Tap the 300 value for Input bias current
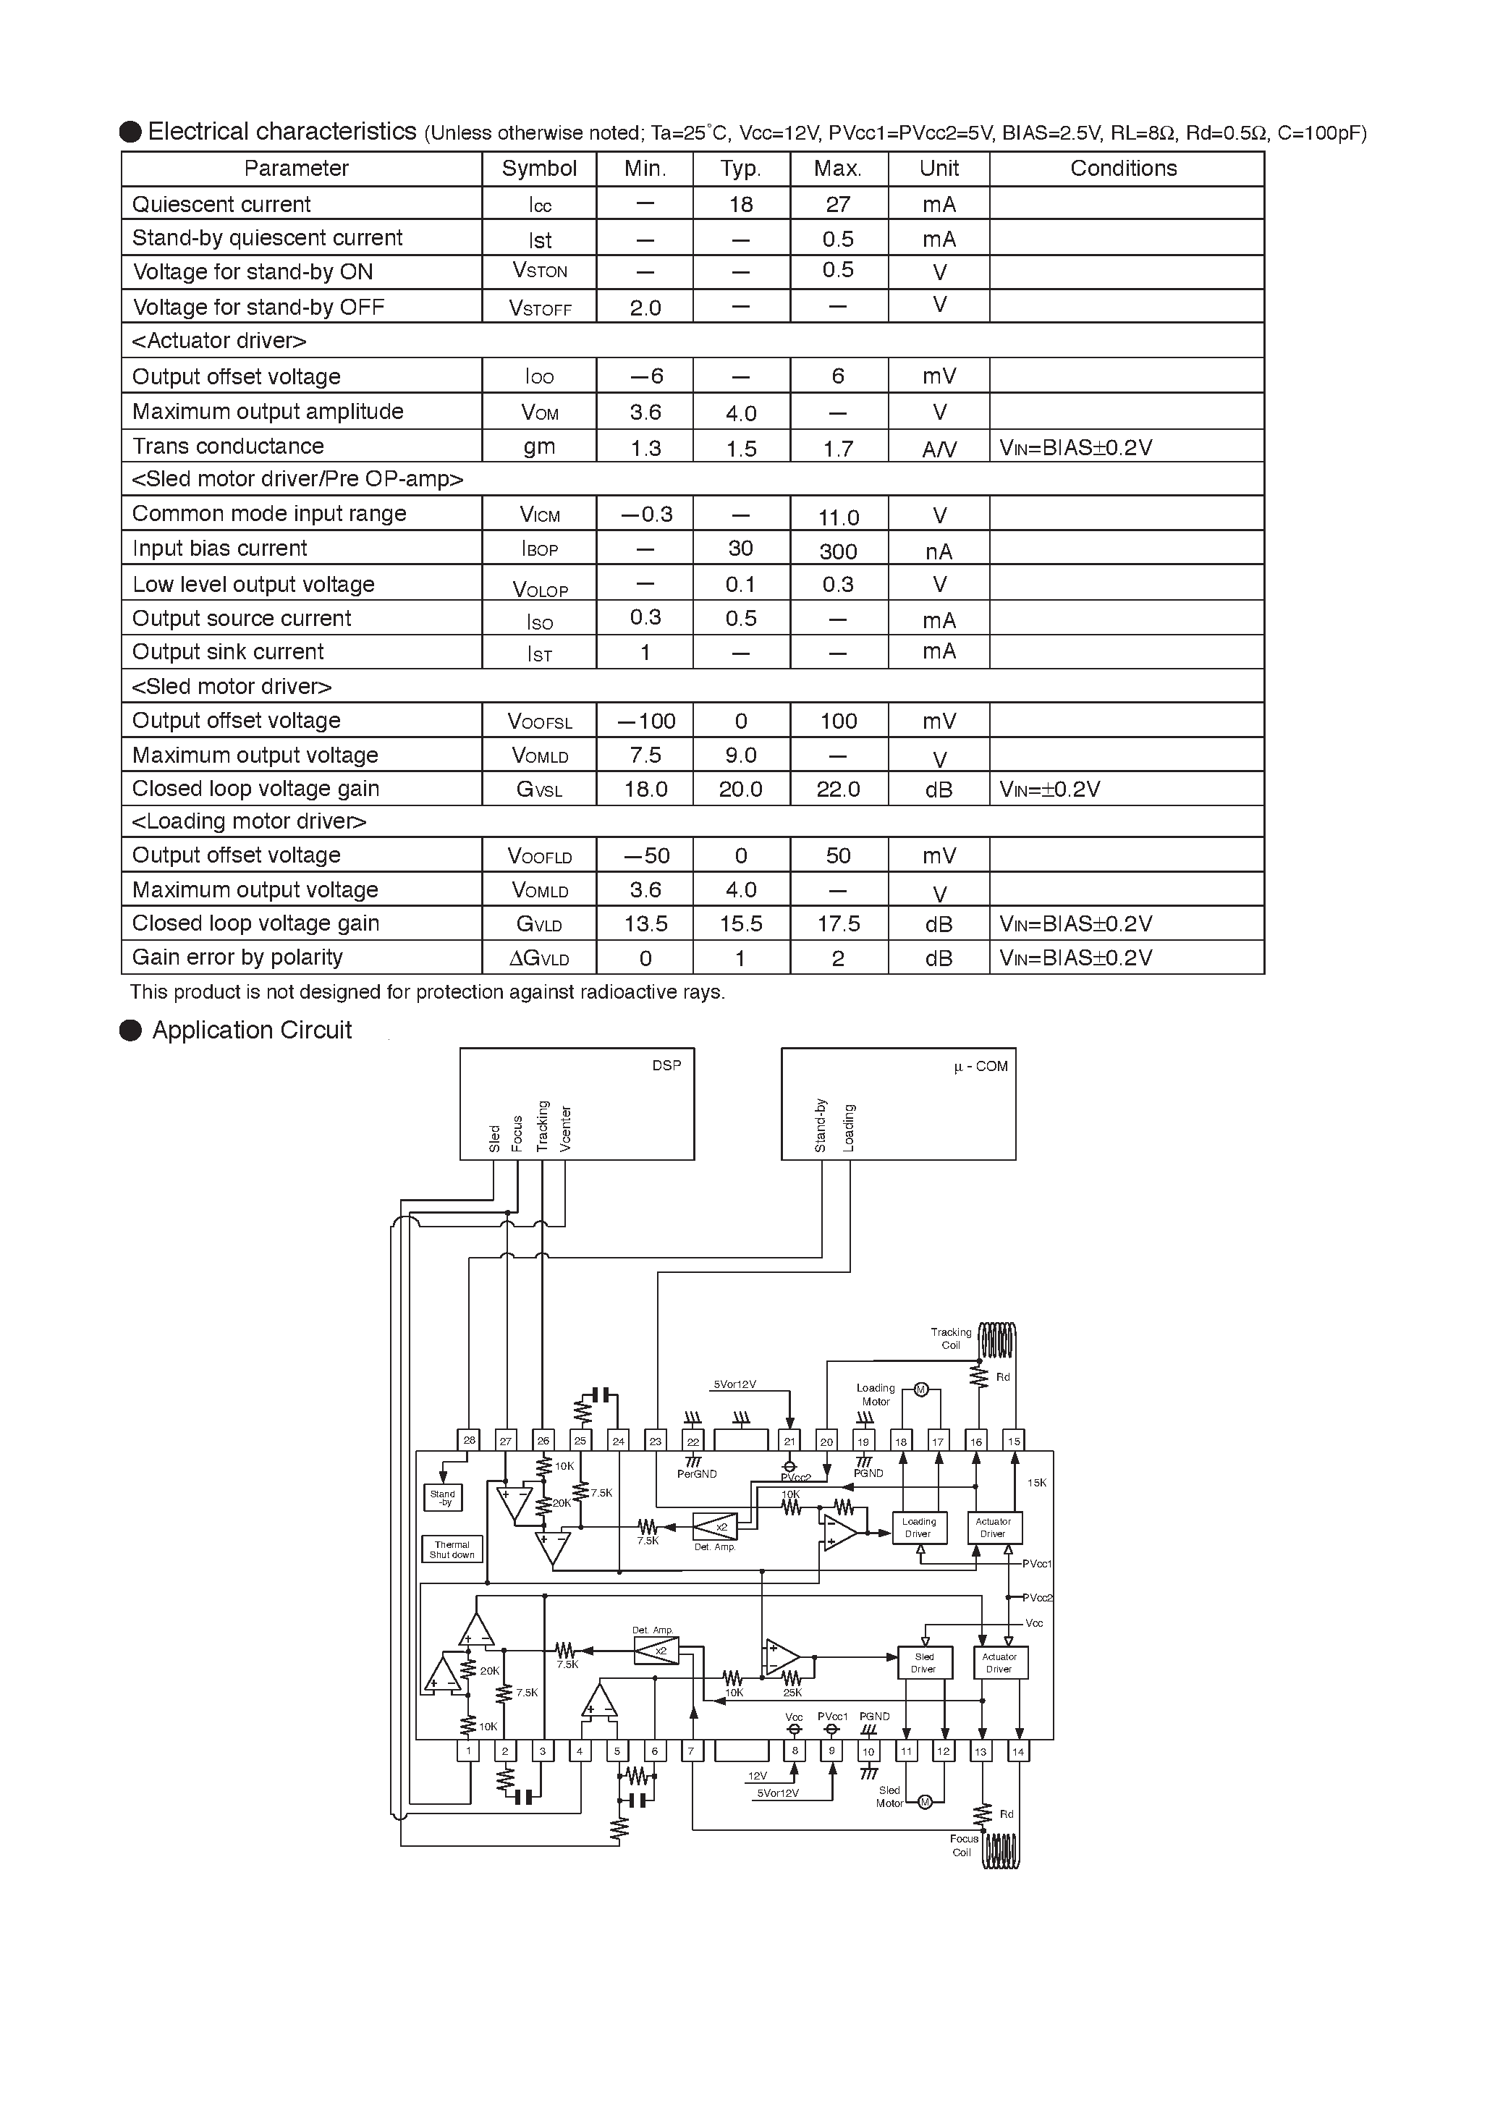[x=838, y=551]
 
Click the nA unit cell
[x=939, y=551]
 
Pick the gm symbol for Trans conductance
[x=539, y=447]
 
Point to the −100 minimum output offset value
[x=645, y=721]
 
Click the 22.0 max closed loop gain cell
[x=838, y=789]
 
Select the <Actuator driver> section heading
[x=219, y=341]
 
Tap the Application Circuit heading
[x=252, y=1031]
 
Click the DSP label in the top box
[x=666, y=1065]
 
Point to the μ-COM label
[x=981, y=1066]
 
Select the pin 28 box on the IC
[x=469, y=1441]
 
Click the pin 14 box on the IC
[x=1017, y=1751]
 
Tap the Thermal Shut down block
[x=452, y=1549]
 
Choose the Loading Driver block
[x=919, y=1528]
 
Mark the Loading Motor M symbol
[x=920, y=1389]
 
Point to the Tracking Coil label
[x=950, y=1338]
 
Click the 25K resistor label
[x=792, y=1692]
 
